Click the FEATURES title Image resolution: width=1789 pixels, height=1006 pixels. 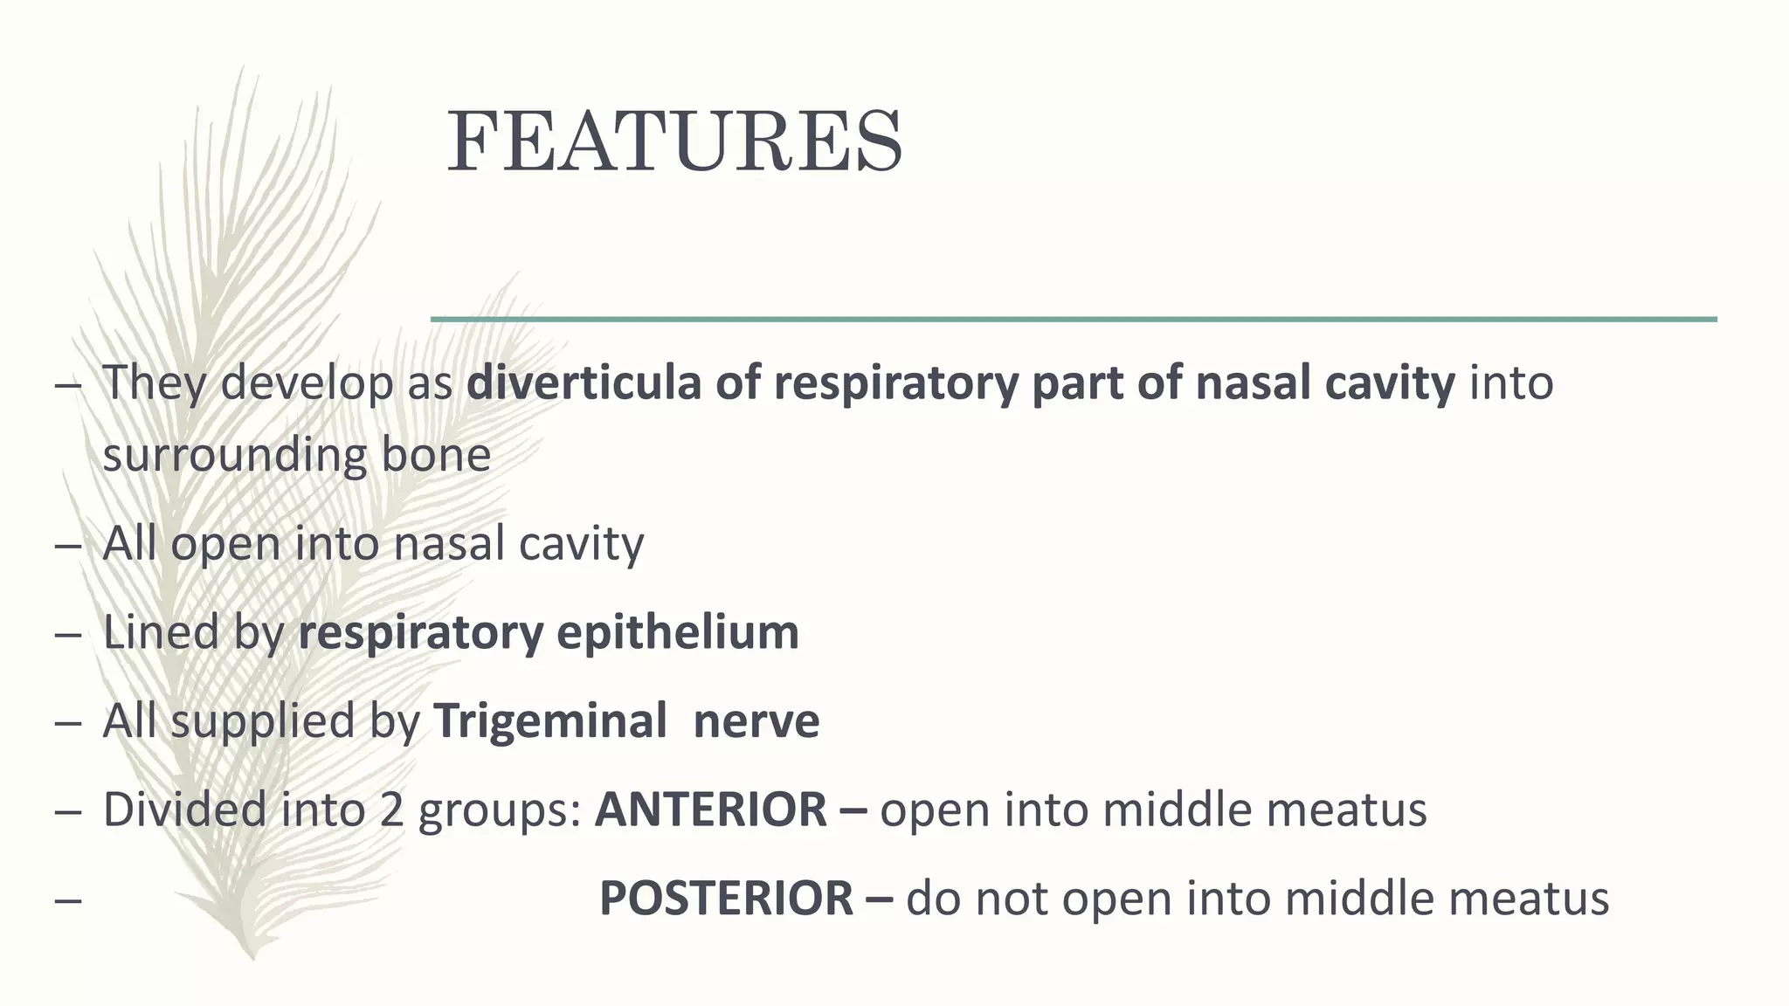pyautogui.click(x=674, y=142)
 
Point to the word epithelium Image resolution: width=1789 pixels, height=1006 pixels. pyautogui.click(x=677, y=632)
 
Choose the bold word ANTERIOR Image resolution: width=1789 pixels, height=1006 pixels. pyautogui.click(x=710, y=810)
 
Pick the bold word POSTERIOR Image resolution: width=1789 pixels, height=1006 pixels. pyautogui.click(x=726, y=899)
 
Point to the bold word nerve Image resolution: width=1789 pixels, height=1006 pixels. pyautogui.click(x=756, y=721)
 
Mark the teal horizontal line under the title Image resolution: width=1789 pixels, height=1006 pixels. pyautogui.click(x=1074, y=320)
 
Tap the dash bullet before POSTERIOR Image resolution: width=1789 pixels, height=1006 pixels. pyautogui.click(x=68, y=899)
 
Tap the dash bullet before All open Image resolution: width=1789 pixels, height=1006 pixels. pyautogui.click(x=68, y=544)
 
